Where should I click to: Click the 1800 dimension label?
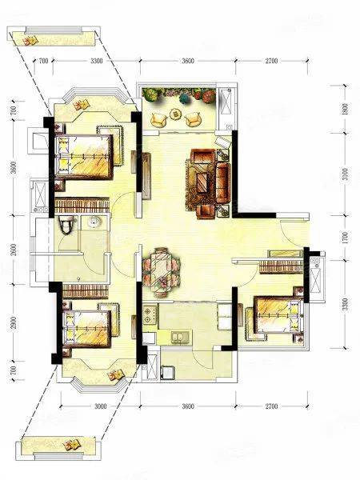click(345, 109)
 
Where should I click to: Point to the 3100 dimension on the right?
click(345, 174)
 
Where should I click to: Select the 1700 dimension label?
click(345, 238)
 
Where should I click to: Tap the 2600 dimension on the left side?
click(14, 250)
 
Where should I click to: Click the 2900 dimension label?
click(14, 322)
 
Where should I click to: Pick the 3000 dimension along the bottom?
click(101, 406)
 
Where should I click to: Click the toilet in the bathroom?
click(66, 224)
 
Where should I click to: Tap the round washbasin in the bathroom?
click(94, 222)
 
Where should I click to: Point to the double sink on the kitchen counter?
click(181, 337)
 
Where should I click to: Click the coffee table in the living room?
click(202, 182)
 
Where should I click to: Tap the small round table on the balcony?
click(176, 114)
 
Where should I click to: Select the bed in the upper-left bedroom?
click(83, 157)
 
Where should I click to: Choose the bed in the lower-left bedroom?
click(86, 329)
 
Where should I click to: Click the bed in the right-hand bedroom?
click(278, 314)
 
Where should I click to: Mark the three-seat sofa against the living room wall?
click(223, 182)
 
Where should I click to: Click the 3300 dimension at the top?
click(97, 61)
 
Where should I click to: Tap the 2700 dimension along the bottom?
click(271, 406)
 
